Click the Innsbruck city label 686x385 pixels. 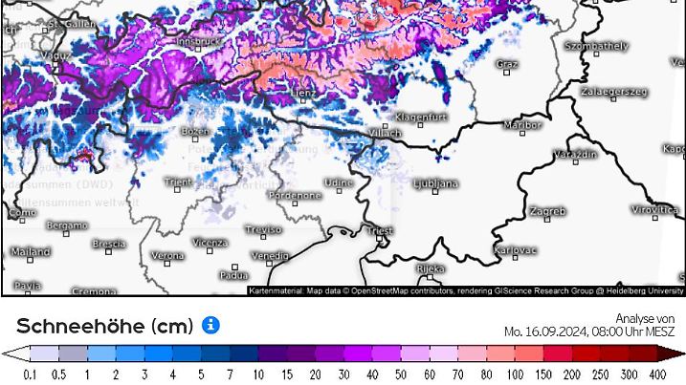[199, 42]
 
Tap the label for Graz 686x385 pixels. [507, 64]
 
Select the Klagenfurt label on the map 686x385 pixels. [421, 118]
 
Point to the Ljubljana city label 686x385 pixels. [435, 182]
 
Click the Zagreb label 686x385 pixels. [547, 211]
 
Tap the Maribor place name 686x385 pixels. [522, 125]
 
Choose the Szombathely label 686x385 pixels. [596, 45]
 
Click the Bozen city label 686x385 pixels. [195, 131]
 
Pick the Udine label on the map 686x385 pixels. [338, 182]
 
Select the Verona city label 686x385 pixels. [168, 256]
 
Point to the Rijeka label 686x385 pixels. [431, 268]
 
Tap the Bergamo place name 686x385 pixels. [67, 226]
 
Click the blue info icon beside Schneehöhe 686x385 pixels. [210, 325]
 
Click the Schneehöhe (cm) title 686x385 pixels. [104, 326]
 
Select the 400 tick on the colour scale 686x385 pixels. [657, 374]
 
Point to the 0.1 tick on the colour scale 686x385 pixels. [29, 374]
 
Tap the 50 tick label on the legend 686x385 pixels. [400, 374]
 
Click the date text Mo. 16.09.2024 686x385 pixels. [545, 332]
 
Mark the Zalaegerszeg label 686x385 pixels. [613, 93]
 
